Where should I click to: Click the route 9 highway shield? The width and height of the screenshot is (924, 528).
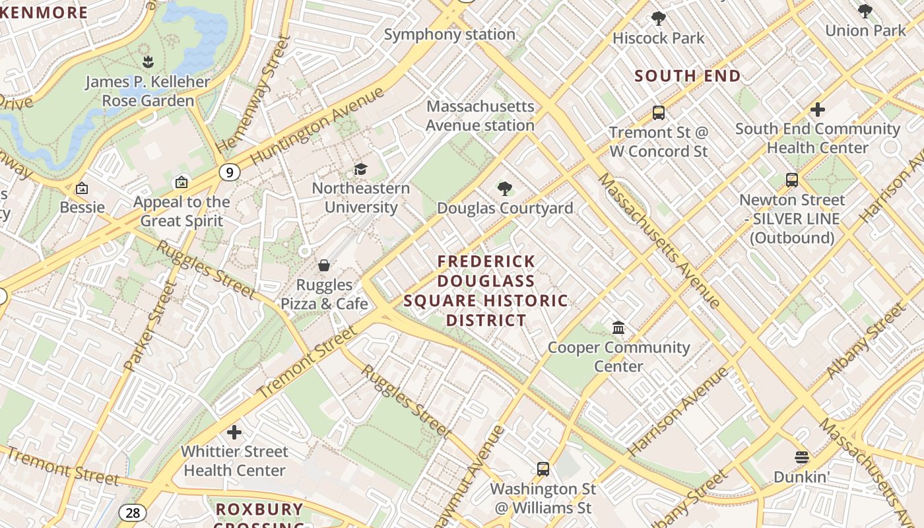(x=229, y=173)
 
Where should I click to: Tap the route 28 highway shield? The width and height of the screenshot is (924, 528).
(x=132, y=513)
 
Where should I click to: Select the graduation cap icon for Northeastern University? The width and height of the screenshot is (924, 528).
(x=360, y=170)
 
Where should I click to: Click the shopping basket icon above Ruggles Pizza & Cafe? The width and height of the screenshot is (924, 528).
(x=324, y=265)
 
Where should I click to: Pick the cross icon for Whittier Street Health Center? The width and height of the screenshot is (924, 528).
(x=234, y=433)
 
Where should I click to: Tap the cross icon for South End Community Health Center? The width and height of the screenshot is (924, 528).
(x=818, y=110)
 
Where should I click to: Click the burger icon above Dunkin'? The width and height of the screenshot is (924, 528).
(x=802, y=457)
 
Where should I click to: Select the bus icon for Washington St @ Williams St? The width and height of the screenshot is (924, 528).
(x=543, y=469)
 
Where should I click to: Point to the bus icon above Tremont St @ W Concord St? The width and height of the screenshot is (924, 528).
(x=658, y=113)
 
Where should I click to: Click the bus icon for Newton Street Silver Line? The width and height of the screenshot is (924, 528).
(x=791, y=180)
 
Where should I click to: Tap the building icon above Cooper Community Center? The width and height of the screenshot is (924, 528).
(x=618, y=328)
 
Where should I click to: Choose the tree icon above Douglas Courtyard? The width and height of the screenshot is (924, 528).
(x=505, y=189)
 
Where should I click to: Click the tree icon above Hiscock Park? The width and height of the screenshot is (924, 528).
(x=658, y=18)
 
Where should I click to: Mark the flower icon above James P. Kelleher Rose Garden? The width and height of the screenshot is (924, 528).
(x=148, y=63)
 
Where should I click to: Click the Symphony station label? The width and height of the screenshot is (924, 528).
(x=449, y=34)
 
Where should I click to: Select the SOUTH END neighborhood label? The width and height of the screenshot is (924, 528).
(x=688, y=76)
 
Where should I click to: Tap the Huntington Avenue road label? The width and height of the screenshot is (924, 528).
(x=317, y=126)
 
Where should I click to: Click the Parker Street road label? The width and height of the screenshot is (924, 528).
(x=151, y=327)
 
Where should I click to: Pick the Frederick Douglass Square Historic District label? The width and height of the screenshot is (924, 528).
(x=486, y=291)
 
